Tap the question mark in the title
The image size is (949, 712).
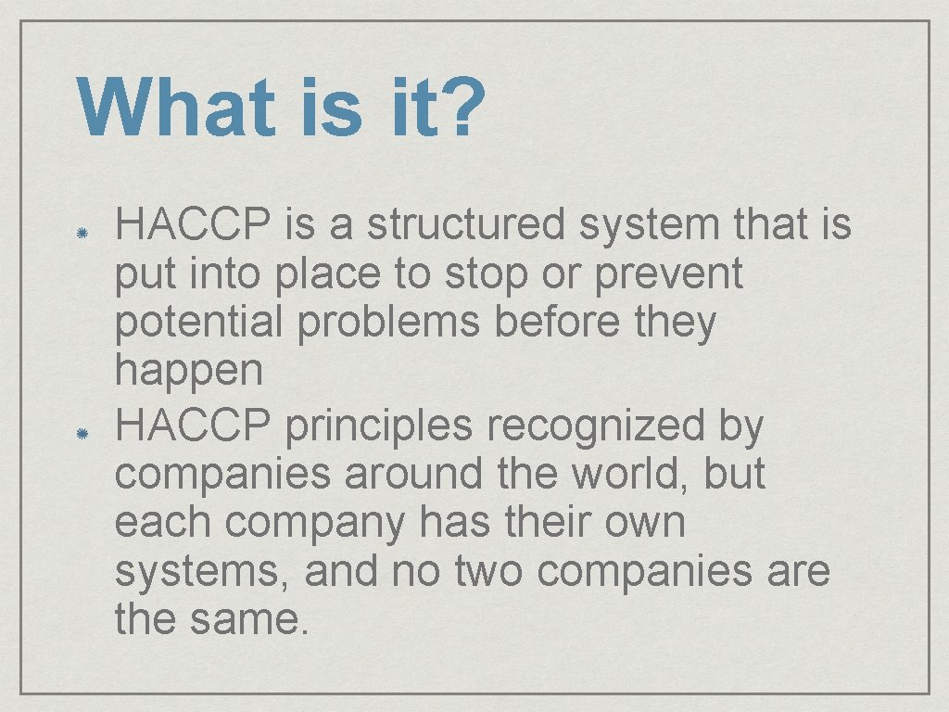coord(462,107)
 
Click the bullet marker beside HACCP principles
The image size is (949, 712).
coord(82,433)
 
